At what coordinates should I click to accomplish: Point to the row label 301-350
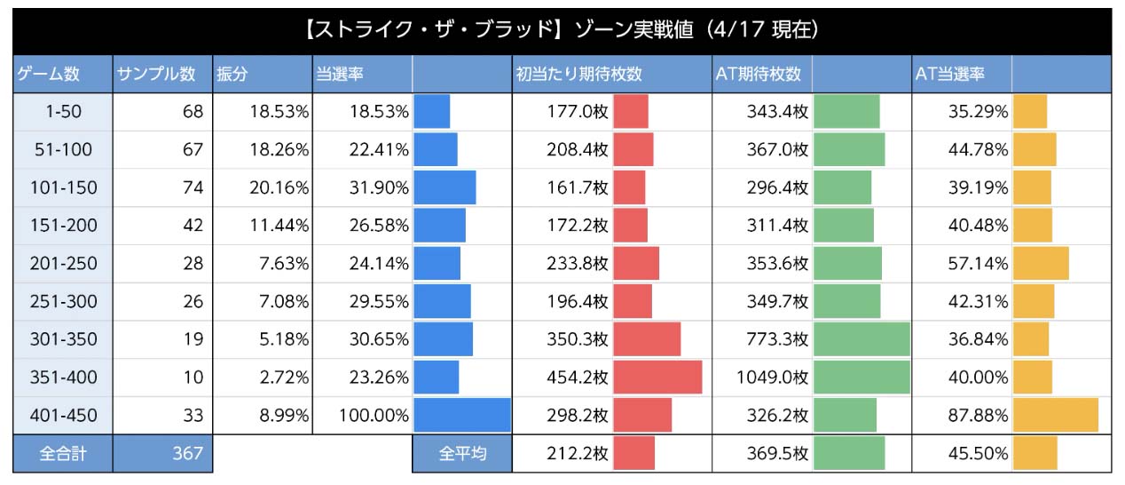coord(62,339)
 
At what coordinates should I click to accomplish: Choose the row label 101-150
coord(62,187)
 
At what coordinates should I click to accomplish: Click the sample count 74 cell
coord(192,187)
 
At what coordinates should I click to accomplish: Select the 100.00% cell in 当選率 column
coord(373,415)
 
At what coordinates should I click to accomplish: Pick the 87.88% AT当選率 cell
coord(974,415)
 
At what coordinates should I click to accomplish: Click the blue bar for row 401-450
coord(462,415)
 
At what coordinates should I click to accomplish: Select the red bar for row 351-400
coord(657,378)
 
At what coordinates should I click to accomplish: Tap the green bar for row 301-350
coord(861,339)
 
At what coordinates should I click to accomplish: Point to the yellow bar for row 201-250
coord(1041,264)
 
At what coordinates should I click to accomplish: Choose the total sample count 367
coord(187,453)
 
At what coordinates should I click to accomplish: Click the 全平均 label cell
coord(462,453)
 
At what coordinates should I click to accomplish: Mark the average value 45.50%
coord(974,453)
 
